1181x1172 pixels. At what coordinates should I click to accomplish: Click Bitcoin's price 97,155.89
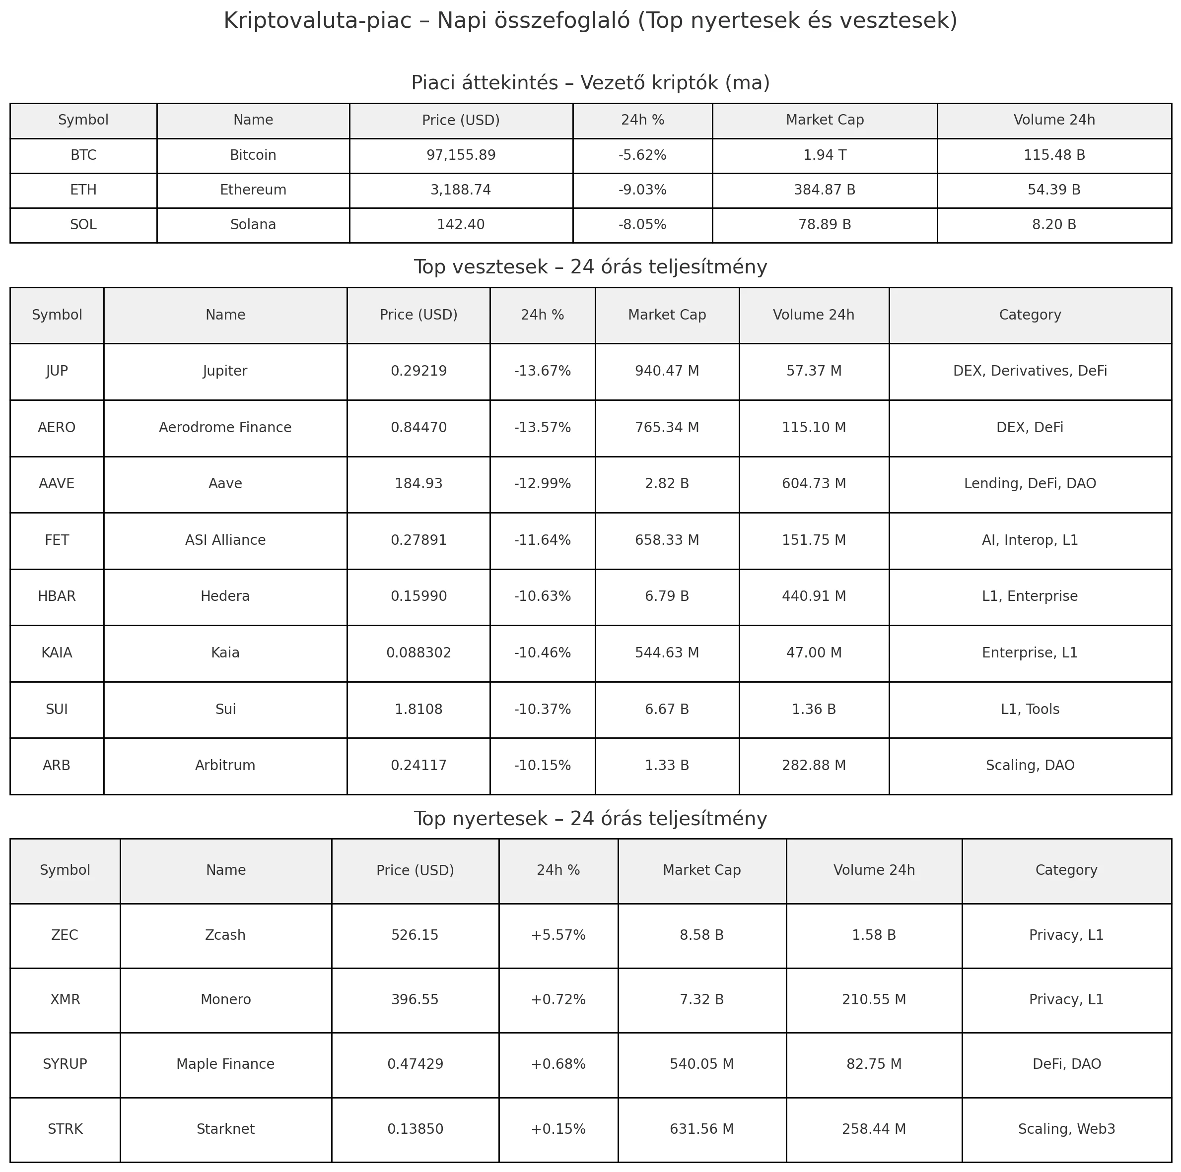pos(461,155)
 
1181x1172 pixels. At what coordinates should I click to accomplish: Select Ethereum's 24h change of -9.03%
pos(642,190)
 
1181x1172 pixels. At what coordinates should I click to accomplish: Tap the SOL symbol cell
pos(83,225)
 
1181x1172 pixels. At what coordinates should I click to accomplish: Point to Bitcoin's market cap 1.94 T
pos(824,155)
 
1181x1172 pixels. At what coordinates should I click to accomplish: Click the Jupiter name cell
pos(225,371)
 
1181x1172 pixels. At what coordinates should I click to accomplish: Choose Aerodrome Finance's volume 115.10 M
pos(814,428)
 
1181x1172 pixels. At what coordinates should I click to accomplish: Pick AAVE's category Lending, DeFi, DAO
pos(1030,484)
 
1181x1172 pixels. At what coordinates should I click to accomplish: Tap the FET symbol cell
pos(57,540)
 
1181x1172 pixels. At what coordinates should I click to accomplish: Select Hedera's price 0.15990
pos(418,596)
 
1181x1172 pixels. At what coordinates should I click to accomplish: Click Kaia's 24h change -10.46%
pos(542,652)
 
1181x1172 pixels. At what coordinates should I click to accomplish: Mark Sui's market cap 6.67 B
pos(666,710)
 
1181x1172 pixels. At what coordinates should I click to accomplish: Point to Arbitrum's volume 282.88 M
pos(814,766)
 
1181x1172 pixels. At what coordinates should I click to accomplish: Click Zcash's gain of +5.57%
pos(557,935)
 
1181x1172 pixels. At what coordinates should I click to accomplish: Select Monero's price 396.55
pos(415,1000)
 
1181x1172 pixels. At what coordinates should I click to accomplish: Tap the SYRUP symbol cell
pos(65,1064)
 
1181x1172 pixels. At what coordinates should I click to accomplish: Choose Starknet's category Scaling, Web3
pos(1066,1129)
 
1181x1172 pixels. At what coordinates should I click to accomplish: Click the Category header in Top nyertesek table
pos(1066,870)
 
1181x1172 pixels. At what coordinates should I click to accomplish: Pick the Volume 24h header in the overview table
pos(1054,121)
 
